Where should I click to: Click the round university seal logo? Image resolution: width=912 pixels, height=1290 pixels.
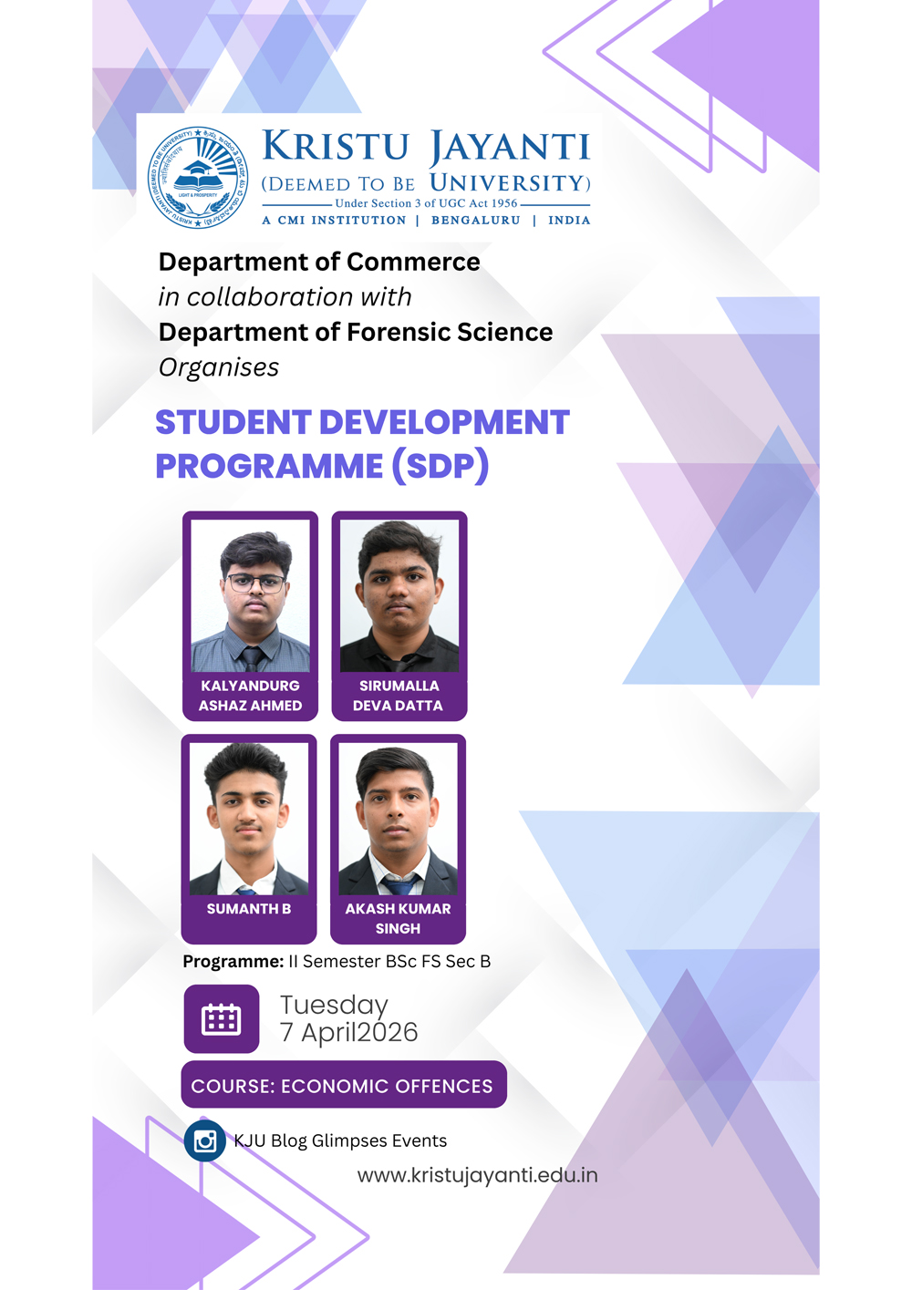click(x=198, y=177)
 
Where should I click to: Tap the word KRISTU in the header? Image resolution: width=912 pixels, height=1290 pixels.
click(x=335, y=147)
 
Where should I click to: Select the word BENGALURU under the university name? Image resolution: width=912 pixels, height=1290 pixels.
click(x=475, y=221)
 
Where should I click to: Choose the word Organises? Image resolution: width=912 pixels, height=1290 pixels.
click(x=219, y=367)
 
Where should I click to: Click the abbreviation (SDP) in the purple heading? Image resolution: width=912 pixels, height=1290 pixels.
click(x=440, y=466)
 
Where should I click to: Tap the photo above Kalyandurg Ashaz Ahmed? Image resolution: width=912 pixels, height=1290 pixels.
click(x=250, y=595)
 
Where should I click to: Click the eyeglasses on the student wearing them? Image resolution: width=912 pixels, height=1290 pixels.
click(x=255, y=582)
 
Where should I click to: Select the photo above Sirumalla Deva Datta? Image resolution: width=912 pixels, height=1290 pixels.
click(x=399, y=595)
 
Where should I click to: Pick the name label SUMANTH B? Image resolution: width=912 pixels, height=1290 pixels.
click(x=249, y=909)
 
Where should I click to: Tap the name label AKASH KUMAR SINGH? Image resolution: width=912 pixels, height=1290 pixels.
click(x=398, y=918)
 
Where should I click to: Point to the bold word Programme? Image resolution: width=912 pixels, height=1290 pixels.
click(x=233, y=961)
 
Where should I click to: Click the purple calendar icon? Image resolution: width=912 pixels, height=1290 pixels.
click(x=222, y=1019)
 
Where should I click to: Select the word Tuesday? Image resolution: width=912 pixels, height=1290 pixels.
click(x=334, y=1005)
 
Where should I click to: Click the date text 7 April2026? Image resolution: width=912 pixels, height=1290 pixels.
click(x=348, y=1033)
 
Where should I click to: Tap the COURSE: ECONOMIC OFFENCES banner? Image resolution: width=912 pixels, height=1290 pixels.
click(x=343, y=1085)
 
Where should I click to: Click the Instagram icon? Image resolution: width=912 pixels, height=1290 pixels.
click(x=205, y=1140)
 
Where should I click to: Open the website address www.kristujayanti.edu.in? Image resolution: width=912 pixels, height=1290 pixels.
click(x=477, y=1175)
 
